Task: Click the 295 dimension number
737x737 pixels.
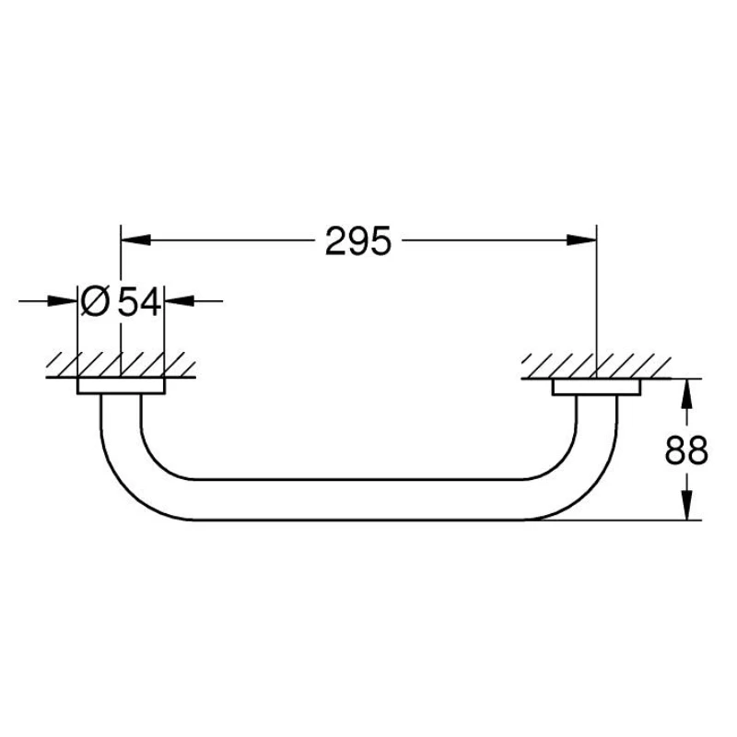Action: [357, 240]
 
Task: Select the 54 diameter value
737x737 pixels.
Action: [140, 301]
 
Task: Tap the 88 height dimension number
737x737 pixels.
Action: [686, 450]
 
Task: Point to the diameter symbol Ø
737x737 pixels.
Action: [96, 301]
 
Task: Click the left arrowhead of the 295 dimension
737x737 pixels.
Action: [135, 240]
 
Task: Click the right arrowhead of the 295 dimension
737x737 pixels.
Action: [581, 240]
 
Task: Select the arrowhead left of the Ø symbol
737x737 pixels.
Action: [63, 301]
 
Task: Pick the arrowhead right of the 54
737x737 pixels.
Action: [180, 301]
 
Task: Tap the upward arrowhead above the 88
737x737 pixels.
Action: [687, 393]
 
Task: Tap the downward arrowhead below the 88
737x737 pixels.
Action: [687, 505]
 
